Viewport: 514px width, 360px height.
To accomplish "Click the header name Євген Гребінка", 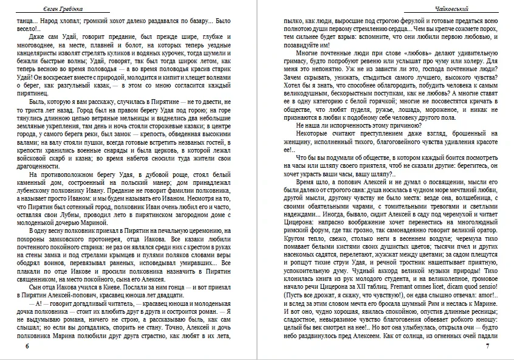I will click(x=39, y=8).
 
